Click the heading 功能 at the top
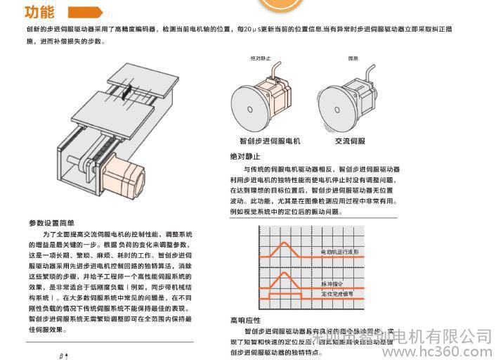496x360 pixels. tap(39, 12)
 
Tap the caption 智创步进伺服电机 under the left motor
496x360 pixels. tap(270, 141)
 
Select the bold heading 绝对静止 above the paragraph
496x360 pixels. tap(245, 157)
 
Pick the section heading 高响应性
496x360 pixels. tap(245, 321)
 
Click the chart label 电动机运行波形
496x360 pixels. tap(339, 251)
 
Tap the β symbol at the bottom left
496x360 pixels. tap(62, 356)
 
